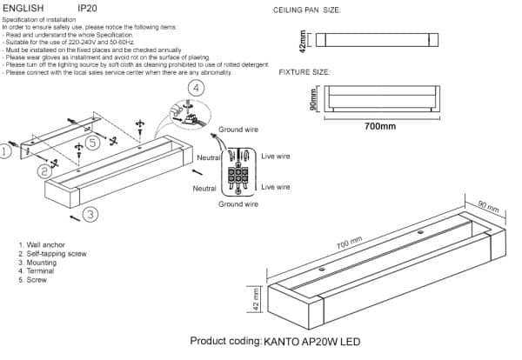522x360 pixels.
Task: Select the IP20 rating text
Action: pyautogui.click(x=88, y=7)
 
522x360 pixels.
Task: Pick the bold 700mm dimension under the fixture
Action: pyautogui.click(x=380, y=126)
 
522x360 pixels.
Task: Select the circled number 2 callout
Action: pyautogui.click(x=44, y=172)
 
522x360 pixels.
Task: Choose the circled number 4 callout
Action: pyautogui.click(x=197, y=89)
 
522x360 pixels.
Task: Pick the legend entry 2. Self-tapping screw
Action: pyautogui.click(x=52, y=255)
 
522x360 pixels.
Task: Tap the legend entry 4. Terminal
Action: pyautogui.click(x=37, y=272)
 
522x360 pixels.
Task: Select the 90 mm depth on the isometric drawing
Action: pyautogui.click(x=489, y=209)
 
